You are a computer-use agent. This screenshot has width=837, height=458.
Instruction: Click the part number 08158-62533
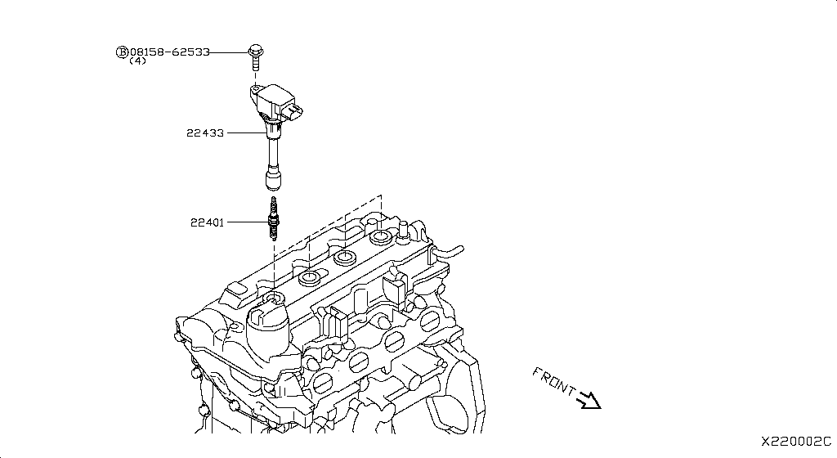[170, 52]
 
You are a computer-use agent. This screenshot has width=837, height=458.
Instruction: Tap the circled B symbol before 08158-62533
[123, 52]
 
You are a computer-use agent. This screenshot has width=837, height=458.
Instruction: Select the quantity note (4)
[137, 62]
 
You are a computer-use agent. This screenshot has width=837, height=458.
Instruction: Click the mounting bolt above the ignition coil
[255, 56]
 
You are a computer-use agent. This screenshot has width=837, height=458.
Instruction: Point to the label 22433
[204, 132]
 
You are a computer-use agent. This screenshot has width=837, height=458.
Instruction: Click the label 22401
[208, 222]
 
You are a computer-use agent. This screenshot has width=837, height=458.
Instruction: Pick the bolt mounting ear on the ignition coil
[256, 88]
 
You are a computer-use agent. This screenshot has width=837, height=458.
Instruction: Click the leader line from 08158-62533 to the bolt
[228, 52]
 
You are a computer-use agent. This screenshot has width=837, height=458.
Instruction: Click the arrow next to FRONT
[589, 400]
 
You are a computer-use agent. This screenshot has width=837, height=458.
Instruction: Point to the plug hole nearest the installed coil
[310, 281]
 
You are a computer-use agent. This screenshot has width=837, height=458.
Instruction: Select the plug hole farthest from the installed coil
[380, 239]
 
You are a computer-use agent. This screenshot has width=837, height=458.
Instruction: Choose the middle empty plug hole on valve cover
[344, 259]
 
